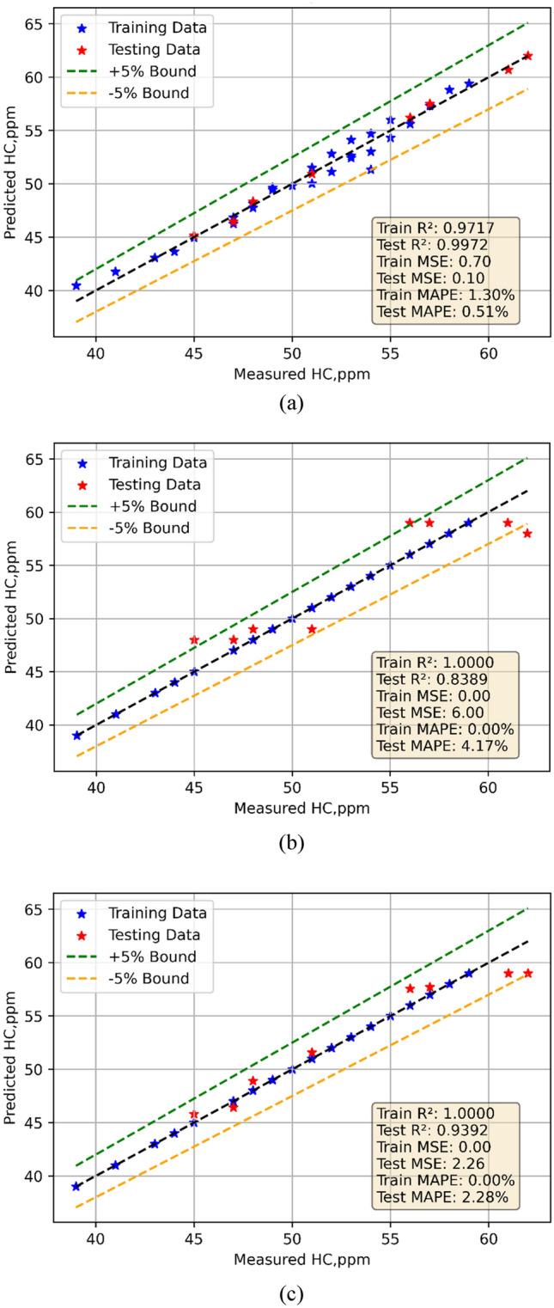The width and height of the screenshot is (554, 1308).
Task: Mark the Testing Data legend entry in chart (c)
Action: pyautogui.click(x=155, y=935)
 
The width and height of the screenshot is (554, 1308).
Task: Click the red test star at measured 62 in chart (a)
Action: pyautogui.click(x=527, y=56)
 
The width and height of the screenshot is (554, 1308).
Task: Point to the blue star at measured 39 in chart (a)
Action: pyautogui.click(x=76, y=285)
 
